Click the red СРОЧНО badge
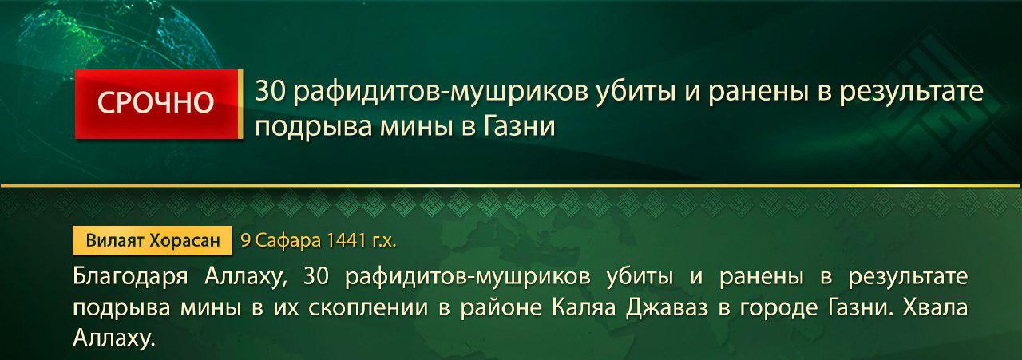(x=156, y=104)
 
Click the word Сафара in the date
(x=288, y=239)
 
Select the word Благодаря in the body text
(x=130, y=277)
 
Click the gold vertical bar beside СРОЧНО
(x=240, y=104)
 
